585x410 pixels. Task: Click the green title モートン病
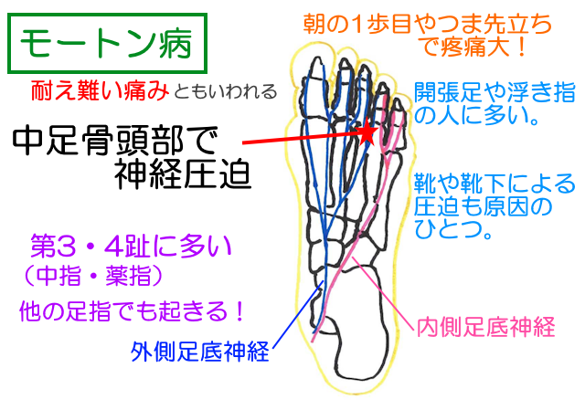pos(106,44)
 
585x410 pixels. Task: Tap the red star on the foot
pos(368,131)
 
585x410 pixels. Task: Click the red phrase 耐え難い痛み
pos(100,91)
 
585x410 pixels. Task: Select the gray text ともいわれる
pos(226,92)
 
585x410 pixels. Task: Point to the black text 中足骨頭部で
pos(115,142)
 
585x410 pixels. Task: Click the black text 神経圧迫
pos(183,174)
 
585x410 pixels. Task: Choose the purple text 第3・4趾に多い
pos(131,247)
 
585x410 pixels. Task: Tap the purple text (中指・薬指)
pos(93,276)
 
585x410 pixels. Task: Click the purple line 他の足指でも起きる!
pos(132,310)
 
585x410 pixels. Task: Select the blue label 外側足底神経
pos(200,352)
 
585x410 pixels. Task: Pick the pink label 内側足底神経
pos(485,328)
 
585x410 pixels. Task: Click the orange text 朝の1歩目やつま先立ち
pos(427,25)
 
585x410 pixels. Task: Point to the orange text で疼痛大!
pos(473,47)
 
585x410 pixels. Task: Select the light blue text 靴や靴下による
pos(495,184)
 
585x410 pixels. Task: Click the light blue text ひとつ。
pos(453,228)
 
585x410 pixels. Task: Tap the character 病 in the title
pos(175,44)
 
